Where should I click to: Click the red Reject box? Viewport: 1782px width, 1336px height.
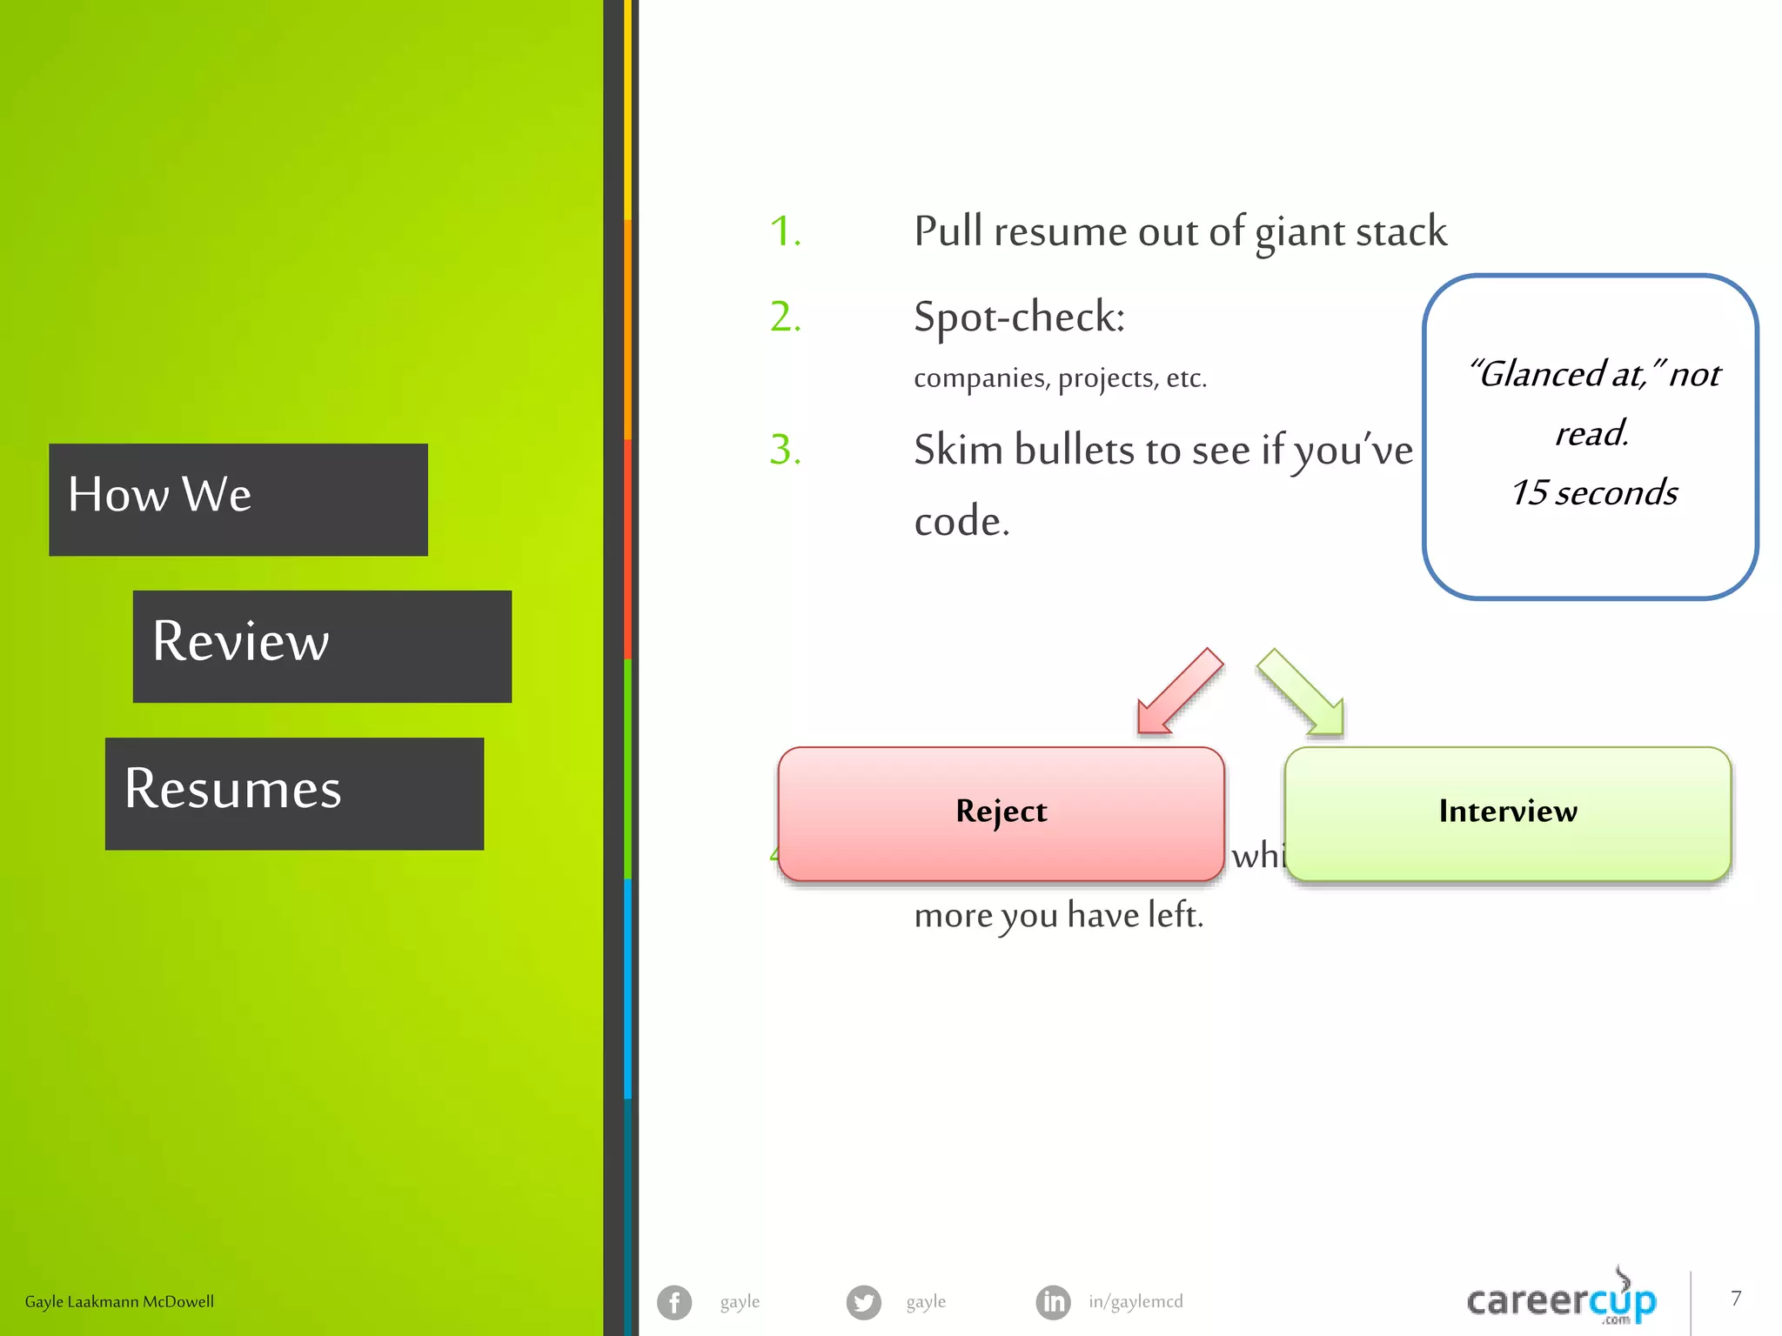point(1001,812)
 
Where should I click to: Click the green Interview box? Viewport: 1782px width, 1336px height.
point(1507,812)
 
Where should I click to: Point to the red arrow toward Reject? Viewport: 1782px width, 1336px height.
point(1179,692)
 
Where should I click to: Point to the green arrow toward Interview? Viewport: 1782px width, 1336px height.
point(1302,692)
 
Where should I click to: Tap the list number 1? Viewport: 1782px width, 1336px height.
point(785,231)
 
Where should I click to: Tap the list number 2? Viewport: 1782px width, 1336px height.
point(785,317)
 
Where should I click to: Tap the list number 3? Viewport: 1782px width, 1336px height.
point(785,450)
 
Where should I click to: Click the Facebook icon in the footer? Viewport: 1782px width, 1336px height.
point(674,1302)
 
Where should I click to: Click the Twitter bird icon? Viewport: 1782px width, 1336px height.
point(863,1302)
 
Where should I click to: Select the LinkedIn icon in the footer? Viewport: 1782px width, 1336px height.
point(1053,1302)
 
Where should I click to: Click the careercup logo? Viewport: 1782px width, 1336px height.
point(1562,1300)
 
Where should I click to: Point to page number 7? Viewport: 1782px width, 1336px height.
point(1736,1299)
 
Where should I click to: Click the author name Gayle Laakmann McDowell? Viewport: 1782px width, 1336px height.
point(119,1302)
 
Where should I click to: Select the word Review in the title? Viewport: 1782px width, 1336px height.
point(241,642)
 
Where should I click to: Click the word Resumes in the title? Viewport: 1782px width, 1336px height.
point(233,789)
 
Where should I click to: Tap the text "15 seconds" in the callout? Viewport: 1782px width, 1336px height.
point(1594,493)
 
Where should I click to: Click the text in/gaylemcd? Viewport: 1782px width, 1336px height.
point(1136,1302)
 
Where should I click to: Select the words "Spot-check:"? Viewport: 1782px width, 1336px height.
point(1019,317)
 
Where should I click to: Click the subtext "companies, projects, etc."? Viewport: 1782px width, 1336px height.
point(1060,378)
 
